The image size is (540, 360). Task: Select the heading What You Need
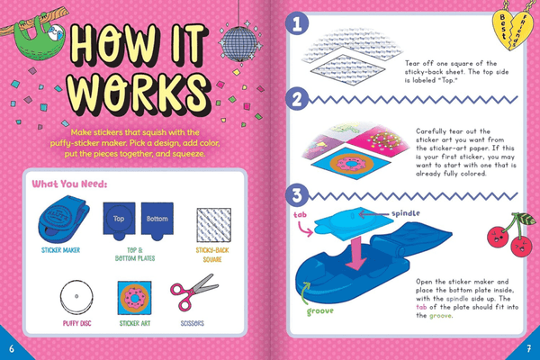69,184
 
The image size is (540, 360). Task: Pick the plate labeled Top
120,219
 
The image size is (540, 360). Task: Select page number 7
529,347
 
